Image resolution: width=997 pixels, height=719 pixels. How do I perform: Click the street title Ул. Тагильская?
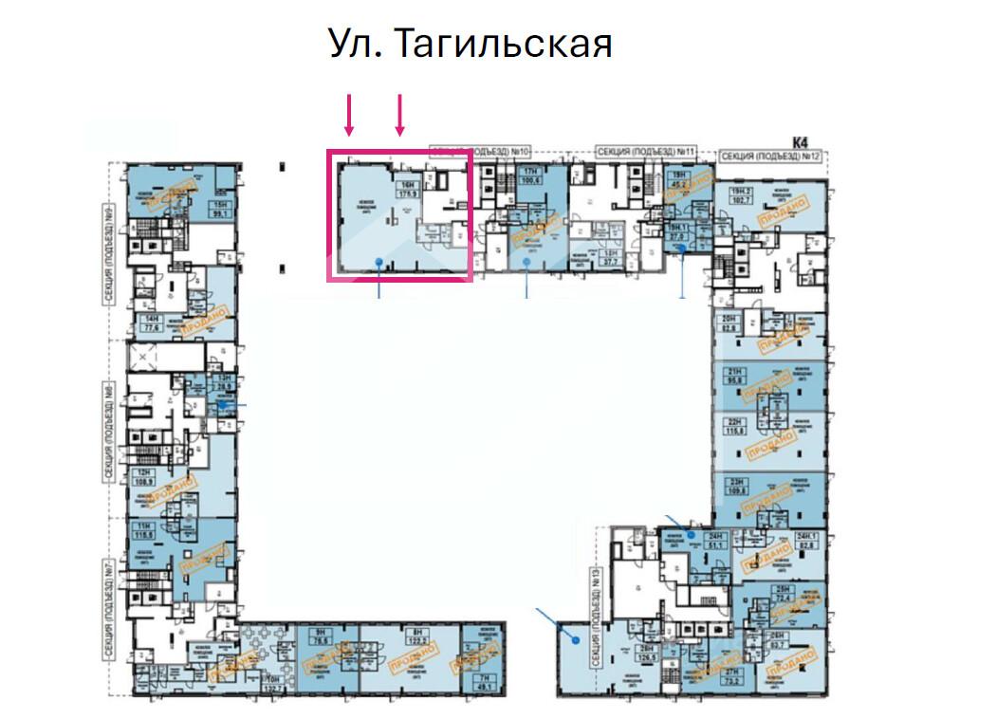[x=470, y=44]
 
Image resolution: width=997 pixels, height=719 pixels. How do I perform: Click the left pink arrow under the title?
[x=349, y=114]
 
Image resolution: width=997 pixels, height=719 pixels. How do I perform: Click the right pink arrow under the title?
[x=400, y=114]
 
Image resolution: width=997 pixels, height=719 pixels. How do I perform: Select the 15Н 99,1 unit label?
[x=221, y=210]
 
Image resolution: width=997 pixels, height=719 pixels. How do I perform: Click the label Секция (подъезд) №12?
[x=769, y=157]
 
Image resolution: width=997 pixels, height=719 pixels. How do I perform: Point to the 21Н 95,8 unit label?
[x=733, y=376]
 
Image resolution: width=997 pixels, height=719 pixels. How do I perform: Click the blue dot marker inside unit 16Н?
[x=379, y=260]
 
